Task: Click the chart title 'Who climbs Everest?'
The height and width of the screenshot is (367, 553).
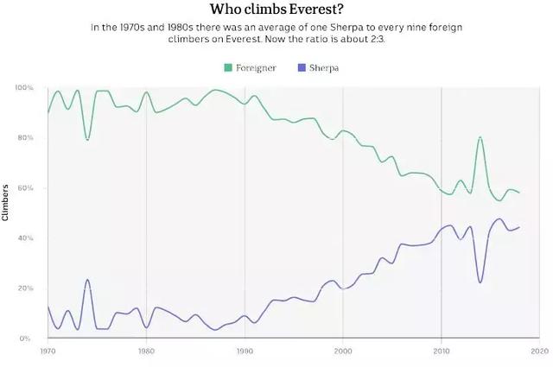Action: pos(276,10)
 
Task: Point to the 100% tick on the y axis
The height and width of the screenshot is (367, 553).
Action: pos(24,88)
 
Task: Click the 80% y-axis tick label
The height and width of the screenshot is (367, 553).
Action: pos(26,138)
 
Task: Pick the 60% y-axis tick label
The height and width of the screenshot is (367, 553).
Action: pos(26,188)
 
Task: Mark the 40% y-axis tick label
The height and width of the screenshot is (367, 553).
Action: pos(26,238)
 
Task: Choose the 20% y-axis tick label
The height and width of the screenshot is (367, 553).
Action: pos(26,288)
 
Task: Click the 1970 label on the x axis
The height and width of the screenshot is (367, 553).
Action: pos(48,351)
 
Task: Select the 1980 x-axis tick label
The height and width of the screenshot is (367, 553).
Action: pos(146,351)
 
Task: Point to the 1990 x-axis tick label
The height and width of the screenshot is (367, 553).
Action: pos(245,351)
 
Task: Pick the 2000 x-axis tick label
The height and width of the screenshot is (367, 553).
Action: pos(343,351)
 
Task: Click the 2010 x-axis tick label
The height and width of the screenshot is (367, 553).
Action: pos(442,351)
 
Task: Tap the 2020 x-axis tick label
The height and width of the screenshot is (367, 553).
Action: pos(540,351)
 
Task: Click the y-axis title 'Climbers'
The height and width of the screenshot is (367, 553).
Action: pos(5,202)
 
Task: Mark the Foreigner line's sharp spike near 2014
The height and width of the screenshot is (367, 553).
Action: pos(480,137)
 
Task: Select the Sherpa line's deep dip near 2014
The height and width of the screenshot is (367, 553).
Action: pos(480,282)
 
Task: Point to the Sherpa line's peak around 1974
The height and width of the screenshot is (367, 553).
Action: pos(87,280)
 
